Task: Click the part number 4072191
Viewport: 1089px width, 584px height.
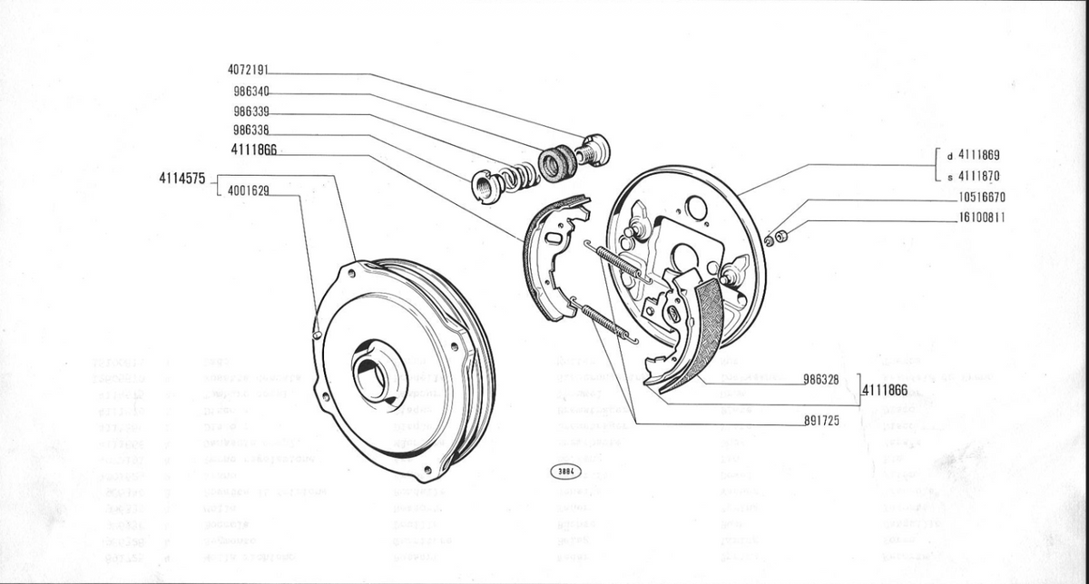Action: [x=248, y=70]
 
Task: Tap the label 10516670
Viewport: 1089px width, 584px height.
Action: [x=981, y=197]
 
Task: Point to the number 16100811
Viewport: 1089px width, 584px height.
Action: [x=981, y=218]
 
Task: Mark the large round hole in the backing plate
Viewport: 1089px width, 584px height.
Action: [x=696, y=209]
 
